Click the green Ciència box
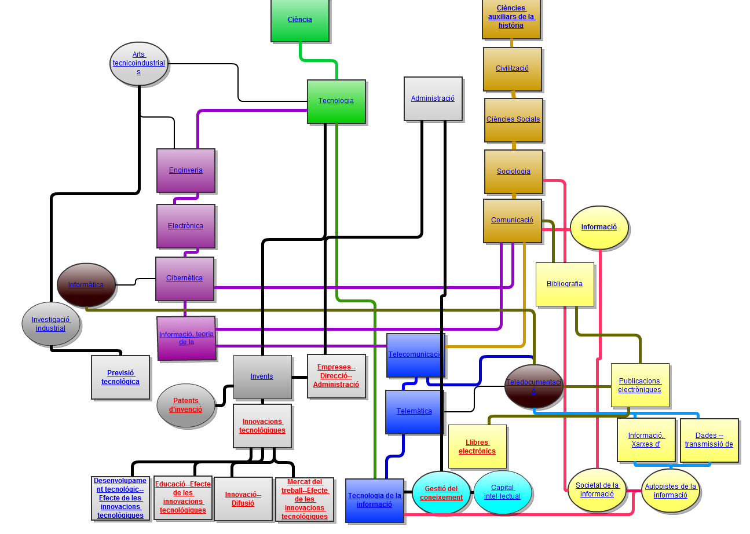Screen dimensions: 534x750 pos(299,20)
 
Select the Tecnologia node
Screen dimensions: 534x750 pos(336,101)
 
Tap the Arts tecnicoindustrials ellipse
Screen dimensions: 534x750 pos(138,63)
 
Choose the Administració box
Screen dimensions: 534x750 pos(433,98)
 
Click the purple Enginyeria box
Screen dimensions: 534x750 pos(185,170)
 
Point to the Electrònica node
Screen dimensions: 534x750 pos(185,226)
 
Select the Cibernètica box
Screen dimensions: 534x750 pos(184,278)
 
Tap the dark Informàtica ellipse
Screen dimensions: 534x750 pos(86,285)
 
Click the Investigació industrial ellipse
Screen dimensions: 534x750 pos(51,324)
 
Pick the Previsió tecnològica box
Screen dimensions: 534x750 pos(120,377)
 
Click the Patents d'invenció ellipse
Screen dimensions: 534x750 pos(185,405)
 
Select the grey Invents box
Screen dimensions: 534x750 pos(262,376)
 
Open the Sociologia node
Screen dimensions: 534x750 pos(513,171)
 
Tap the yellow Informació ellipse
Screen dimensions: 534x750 pos(599,227)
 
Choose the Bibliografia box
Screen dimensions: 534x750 pos(564,284)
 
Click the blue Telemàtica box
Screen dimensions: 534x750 pos(414,411)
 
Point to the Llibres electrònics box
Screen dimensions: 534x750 pos(477,447)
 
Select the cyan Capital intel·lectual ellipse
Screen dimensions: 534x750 pos(502,492)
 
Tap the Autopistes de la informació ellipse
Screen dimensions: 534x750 pos(670,491)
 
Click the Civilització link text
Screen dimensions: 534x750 pos(512,68)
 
